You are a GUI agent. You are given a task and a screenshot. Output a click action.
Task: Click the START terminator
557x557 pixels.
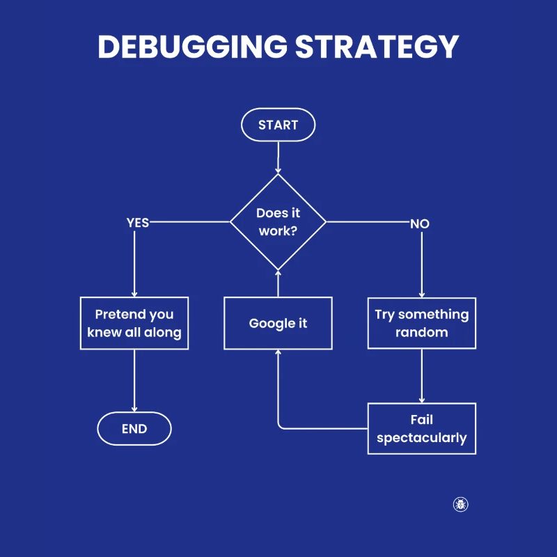278,125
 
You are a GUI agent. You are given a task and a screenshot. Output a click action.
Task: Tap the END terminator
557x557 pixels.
134,429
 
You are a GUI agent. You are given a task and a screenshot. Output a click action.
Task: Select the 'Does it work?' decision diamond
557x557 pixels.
278,222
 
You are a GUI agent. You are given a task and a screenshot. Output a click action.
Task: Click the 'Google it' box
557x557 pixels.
278,323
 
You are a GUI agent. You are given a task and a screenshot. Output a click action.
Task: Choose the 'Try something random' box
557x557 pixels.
422,323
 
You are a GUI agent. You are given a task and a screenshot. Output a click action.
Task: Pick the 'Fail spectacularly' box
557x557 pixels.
422,429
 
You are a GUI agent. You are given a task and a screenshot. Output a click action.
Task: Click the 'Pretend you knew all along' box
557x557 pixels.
134,323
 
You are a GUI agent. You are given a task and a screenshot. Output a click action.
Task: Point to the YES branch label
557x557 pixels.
138,223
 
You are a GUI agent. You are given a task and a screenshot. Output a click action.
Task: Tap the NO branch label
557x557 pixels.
419,223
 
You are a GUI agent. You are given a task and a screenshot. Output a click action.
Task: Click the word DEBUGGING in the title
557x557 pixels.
192,47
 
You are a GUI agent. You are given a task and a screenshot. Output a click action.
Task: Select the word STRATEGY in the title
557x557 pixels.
377,47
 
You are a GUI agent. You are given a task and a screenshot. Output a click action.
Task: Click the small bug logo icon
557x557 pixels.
460,504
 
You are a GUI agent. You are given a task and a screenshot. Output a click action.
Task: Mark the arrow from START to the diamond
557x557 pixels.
278,157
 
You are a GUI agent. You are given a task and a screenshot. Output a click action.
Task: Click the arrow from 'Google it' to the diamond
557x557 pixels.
278,283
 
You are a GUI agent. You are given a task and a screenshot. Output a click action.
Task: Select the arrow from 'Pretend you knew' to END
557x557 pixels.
134,379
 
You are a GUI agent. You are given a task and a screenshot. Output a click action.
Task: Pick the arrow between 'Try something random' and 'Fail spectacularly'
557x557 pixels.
422,376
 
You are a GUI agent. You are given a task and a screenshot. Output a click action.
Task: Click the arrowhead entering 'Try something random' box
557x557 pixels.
422,295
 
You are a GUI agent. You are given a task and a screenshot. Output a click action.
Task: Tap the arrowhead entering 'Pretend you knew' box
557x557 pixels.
134,295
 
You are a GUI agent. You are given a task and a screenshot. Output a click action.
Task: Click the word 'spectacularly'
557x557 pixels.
422,438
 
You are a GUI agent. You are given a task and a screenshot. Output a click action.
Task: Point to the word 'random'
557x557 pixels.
422,332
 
